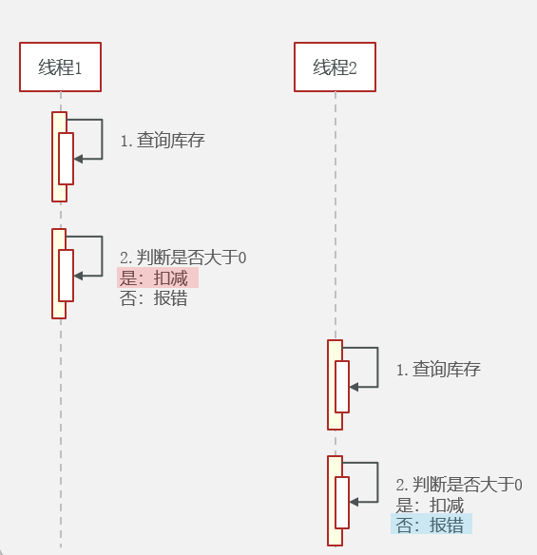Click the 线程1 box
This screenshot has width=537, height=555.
60,67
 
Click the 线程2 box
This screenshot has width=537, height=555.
335,67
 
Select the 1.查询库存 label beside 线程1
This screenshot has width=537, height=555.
163,140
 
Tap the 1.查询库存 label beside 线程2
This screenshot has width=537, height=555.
438,369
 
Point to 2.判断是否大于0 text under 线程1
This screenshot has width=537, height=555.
183,258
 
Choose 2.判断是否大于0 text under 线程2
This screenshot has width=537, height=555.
459,485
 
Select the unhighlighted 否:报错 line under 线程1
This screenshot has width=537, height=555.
154,298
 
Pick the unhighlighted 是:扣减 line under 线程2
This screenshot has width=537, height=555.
430,505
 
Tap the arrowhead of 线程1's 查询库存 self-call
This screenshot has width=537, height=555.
78,159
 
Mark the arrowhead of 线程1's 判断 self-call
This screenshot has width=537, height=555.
78,276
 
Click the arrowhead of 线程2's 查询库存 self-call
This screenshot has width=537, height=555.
354,387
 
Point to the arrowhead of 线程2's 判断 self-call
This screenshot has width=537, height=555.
354,502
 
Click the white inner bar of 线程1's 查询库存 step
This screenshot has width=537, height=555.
66,159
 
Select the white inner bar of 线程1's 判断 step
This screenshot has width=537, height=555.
66,276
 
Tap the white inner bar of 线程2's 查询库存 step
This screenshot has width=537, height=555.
342,387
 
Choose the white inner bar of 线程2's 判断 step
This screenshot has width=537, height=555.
342,503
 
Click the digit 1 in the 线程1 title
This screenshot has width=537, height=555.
78,67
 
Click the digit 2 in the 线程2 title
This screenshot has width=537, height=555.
353,67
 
